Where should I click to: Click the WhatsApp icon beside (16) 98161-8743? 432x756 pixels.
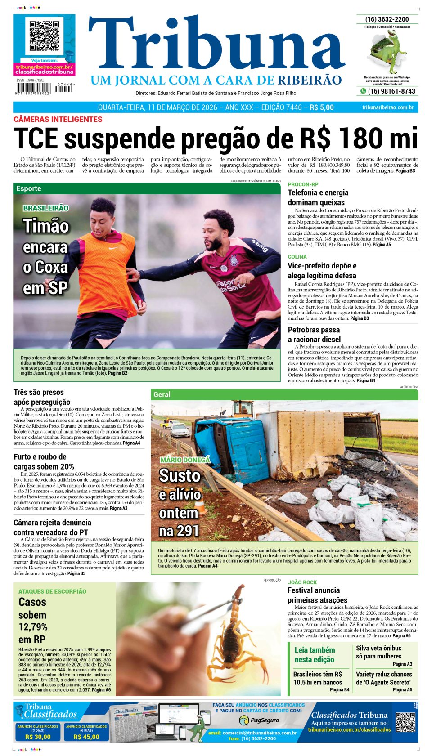[x=363, y=91]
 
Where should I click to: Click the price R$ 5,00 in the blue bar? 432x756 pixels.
[x=322, y=107]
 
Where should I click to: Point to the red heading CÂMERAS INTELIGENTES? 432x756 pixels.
[x=58, y=119]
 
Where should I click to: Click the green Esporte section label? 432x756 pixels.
[x=29, y=188]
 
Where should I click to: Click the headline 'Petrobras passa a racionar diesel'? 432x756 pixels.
[x=314, y=335]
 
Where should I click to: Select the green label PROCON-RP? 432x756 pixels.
[x=303, y=184]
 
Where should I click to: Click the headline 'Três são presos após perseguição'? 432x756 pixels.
[x=42, y=397]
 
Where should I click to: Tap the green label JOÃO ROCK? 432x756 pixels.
[x=302, y=582]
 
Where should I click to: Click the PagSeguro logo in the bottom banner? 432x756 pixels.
[x=259, y=720]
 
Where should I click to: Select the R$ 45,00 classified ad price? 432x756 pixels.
[x=86, y=737]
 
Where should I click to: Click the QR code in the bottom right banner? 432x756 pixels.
[x=405, y=722]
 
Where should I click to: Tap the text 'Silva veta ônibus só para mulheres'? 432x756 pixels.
[x=378, y=652]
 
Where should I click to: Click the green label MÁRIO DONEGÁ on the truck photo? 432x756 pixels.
[x=185, y=460]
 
